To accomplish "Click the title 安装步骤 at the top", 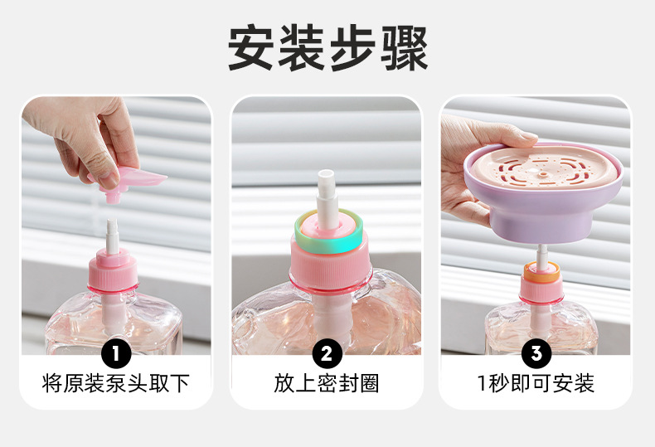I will [x=327, y=48].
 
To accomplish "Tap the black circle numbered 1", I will [x=116, y=354].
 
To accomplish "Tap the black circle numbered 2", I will [x=327, y=354].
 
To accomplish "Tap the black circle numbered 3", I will [x=536, y=354].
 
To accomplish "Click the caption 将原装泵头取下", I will [x=116, y=383].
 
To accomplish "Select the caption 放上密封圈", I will [x=327, y=383].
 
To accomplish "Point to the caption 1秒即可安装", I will [x=536, y=383].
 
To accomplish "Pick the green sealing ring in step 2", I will [x=326, y=227].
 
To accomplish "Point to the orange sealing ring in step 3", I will [x=541, y=270].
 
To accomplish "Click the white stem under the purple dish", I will [x=541, y=252].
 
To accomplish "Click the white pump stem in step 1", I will [x=113, y=232].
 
